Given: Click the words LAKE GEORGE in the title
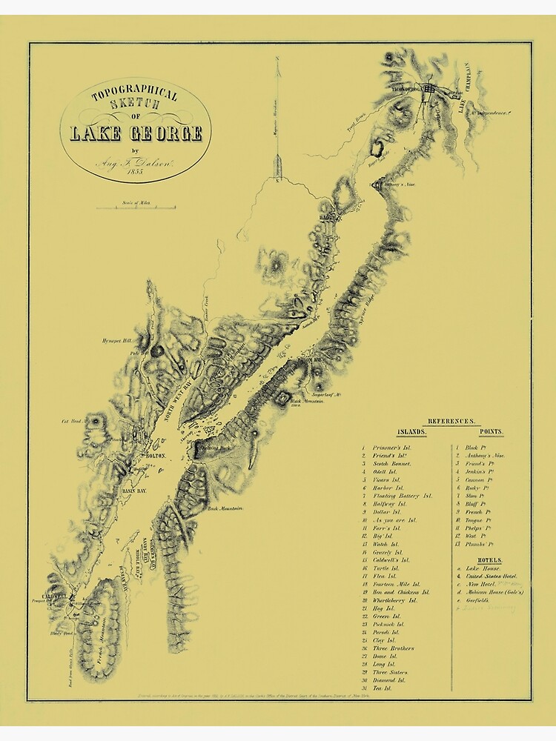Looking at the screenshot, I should tap(136, 134).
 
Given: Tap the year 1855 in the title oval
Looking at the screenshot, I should tap(134, 171).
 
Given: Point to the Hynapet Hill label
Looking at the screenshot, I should tap(119, 341).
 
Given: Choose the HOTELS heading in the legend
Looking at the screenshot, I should tap(489, 560).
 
